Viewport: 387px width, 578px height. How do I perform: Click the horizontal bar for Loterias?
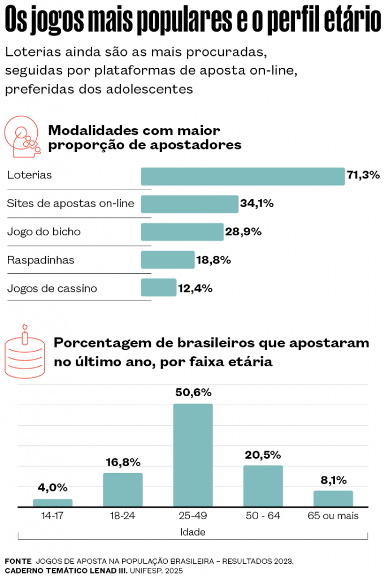tap(242, 176)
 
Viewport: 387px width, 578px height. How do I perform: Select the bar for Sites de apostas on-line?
tap(189, 204)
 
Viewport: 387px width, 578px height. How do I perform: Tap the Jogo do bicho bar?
tap(182, 231)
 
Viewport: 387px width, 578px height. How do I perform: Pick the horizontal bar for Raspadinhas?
tap(167, 260)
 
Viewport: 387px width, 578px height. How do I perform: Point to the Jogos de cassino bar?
tap(158, 288)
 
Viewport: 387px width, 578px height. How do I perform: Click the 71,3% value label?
tap(363, 176)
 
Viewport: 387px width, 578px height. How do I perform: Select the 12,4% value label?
tap(195, 288)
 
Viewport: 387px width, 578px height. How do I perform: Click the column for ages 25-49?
tap(193, 455)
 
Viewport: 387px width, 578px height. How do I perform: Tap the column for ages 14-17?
tap(53, 502)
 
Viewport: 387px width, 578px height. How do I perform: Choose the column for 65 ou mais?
tap(333, 498)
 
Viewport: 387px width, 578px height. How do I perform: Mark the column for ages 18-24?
tap(123, 489)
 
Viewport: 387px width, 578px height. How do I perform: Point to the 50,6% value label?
tap(193, 392)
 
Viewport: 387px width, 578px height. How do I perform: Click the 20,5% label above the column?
tap(263, 454)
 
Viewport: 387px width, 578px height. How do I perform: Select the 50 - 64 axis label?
tap(263, 516)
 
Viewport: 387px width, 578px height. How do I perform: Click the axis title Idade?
tap(193, 532)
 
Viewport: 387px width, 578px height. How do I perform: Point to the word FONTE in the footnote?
tap(18, 561)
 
